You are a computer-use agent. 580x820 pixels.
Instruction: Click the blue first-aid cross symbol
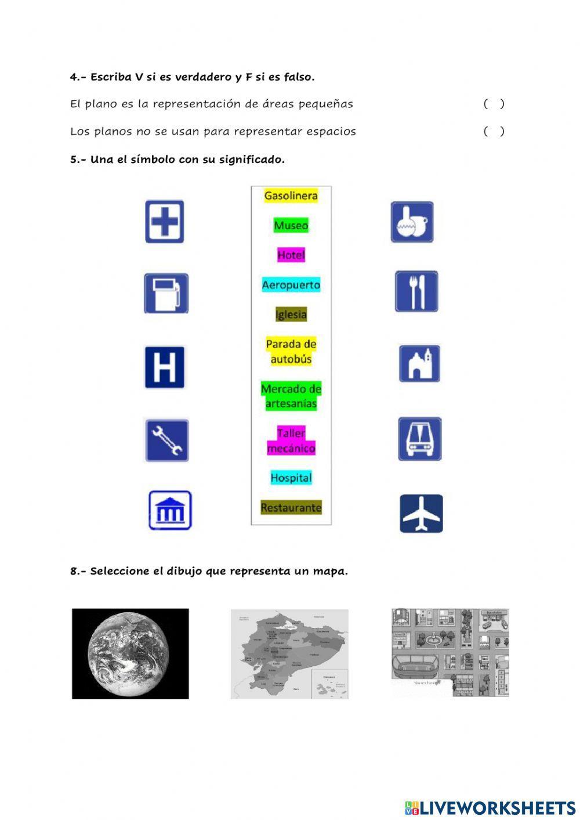click(x=165, y=222)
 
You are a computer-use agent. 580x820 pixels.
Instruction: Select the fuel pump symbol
click(x=166, y=294)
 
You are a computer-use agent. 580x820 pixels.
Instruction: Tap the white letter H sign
click(x=165, y=367)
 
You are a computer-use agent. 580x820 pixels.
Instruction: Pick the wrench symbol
click(x=166, y=440)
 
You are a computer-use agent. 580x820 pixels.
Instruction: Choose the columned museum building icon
click(x=170, y=511)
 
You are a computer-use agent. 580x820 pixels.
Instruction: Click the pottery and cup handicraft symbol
click(x=412, y=222)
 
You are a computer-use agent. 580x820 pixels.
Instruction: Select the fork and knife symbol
click(x=416, y=292)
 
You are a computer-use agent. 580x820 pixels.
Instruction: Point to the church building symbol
click(x=419, y=364)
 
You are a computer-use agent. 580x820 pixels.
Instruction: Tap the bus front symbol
click(x=420, y=439)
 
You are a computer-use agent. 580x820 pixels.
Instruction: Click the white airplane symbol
click(x=421, y=514)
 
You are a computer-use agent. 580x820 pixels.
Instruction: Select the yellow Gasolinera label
click(x=291, y=196)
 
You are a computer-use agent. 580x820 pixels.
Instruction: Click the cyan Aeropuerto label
click(x=291, y=285)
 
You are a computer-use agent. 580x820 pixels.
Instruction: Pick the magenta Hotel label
click(x=291, y=255)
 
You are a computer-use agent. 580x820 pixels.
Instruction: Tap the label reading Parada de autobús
click(x=291, y=352)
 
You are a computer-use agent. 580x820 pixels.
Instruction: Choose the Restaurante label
click(x=291, y=508)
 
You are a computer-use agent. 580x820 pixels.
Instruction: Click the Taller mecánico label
click(x=291, y=441)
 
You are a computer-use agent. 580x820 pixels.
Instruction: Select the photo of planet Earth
click(x=130, y=653)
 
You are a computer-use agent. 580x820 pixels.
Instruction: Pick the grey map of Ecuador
click(x=289, y=654)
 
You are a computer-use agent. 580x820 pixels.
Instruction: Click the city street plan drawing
click(x=450, y=652)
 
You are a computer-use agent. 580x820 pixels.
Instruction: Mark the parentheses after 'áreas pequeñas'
click(x=494, y=104)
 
